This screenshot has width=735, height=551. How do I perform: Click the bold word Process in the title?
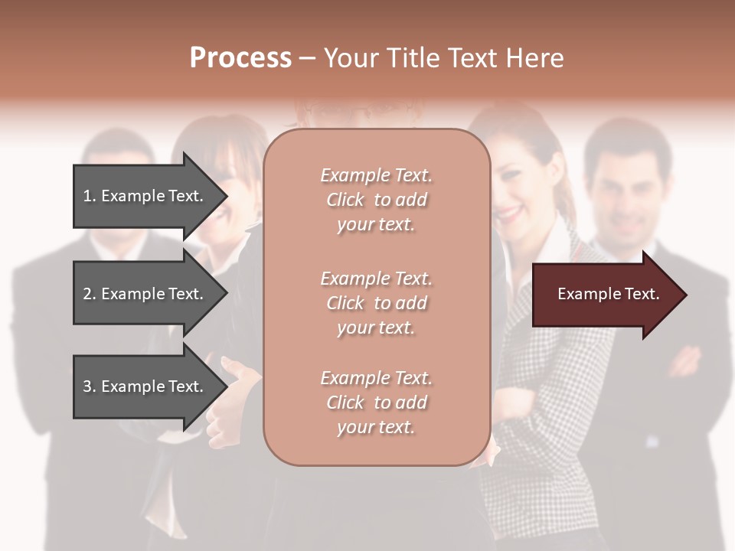(240, 58)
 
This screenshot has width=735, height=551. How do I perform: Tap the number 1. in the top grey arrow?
(90, 196)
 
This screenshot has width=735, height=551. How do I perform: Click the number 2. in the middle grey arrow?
(90, 294)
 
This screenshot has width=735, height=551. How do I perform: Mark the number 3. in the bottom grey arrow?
(90, 386)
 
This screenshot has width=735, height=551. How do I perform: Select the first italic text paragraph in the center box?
(376, 200)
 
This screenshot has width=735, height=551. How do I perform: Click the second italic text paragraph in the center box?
(376, 303)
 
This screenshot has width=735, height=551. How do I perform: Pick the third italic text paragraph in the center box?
(376, 403)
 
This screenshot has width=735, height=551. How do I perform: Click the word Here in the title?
(536, 58)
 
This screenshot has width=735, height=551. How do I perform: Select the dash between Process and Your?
(307, 59)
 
